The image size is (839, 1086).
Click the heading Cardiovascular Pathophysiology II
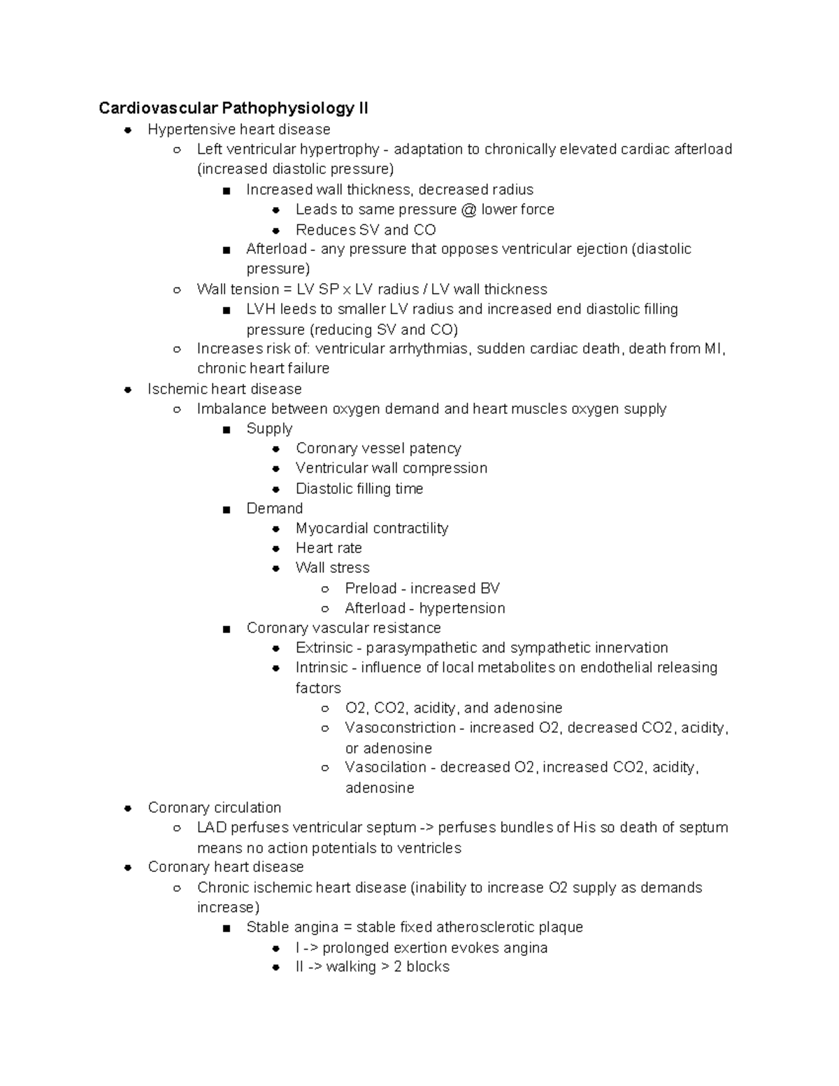pyautogui.click(x=234, y=108)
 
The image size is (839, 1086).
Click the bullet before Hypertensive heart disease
pyautogui.click(x=128, y=129)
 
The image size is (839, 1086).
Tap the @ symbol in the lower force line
pyautogui.click(x=468, y=209)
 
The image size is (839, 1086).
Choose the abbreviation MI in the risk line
pyautogui.click(x=715, y=348)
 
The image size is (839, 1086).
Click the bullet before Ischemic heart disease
pyautogui.click(x=128, y=389)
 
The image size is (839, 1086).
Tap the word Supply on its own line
pyautogui.click(x=269, y=429)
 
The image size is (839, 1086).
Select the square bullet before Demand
pyautogui.click(x=226, y=509)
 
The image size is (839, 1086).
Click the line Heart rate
pyautogui.click(x=329, y=548)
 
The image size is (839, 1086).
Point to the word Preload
pyautogui.click(x=371, y=588)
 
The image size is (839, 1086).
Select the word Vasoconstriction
pyautogui.click(x=400, y=727)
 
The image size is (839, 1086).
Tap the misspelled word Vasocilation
pyautogui.click(x=385, y=767)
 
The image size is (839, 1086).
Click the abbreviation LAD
pyautogui.click(x=212, y=827)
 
